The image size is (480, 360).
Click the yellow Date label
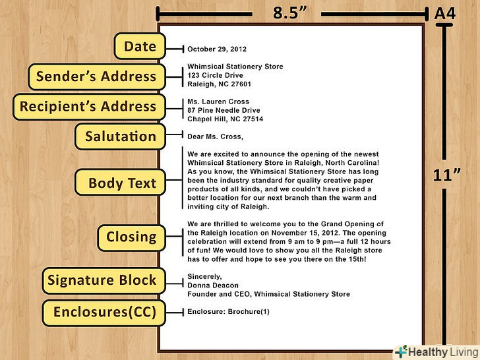(140, 47)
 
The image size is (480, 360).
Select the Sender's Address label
(96, 76)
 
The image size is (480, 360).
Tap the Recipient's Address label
(88, 107)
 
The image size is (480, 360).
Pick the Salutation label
(121, 137)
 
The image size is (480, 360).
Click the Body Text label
(122, 183)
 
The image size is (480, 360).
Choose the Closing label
(131, 237)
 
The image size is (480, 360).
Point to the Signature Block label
(102, 280)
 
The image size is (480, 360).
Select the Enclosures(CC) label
(104, 313)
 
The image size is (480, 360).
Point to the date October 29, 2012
(218, 49)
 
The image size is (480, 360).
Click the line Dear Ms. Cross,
(215, 137)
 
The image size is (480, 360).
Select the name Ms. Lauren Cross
(218, 102)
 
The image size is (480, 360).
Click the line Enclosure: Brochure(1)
(228, 311)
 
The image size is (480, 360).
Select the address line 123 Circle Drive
(215, 75)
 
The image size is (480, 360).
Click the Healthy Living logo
(435, 351)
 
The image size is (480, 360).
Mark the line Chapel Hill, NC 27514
(225, 119)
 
